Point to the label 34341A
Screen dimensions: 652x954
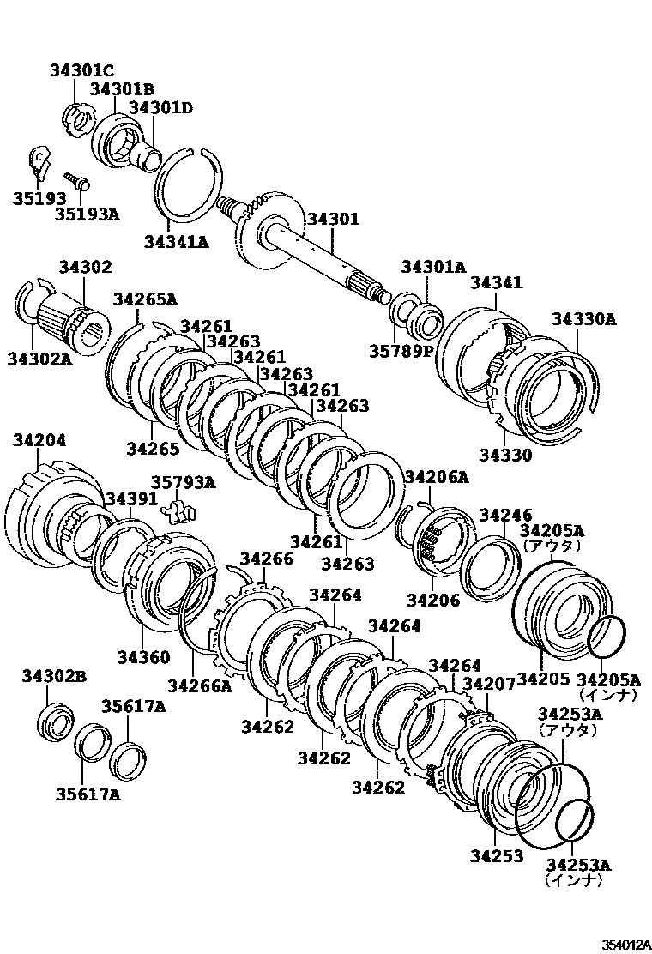tap(176, 241)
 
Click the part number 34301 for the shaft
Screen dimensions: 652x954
tap(334, 220)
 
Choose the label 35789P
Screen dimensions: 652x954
tap(400, 350)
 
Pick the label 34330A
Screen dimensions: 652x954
tap(583, 319)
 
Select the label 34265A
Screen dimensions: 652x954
tap(145, 299)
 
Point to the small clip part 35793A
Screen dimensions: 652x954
tap(178, 510)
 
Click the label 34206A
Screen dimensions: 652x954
tap(437, 477)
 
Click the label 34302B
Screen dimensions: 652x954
tap(54, 678)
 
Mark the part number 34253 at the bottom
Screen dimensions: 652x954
tap(496, 855)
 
